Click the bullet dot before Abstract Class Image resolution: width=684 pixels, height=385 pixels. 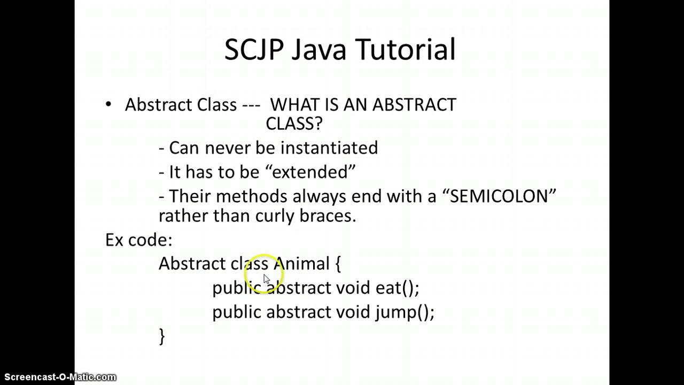109,104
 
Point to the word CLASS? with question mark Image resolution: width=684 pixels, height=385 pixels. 294,124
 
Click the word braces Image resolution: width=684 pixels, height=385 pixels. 331,216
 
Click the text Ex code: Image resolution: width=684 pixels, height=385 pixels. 139,240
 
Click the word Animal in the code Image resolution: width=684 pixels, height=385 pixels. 302,264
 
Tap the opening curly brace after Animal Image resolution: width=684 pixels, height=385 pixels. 338,264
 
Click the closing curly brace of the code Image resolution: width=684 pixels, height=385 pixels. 162,336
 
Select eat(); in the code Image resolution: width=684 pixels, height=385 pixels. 397,288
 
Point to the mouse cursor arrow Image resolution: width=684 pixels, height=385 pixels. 267,279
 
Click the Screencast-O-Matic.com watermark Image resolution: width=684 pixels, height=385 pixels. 59,377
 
